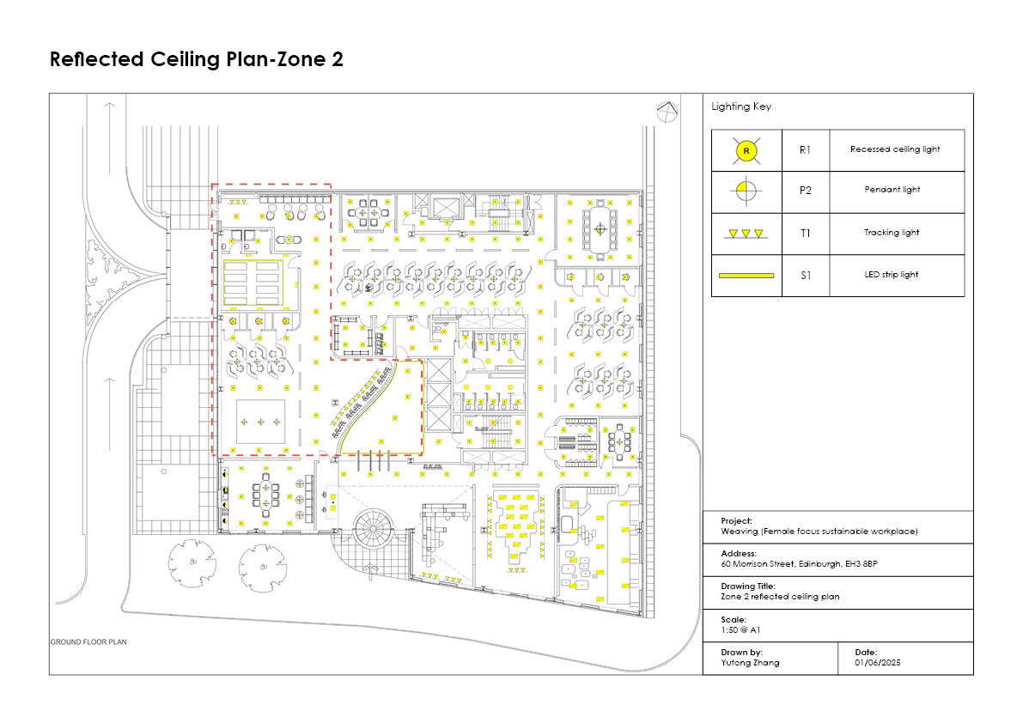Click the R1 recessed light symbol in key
[x=746, y=150]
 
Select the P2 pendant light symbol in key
[x=746, y=191]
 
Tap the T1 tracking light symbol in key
[x=746, y=234]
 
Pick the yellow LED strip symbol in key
[x=746, y=276]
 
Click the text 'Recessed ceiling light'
[x=895, y=149]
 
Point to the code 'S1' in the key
[x=806, y=276]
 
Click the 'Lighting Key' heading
[x=741, y=106]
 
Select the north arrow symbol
[x=667, y=112]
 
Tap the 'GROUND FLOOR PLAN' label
[x=88, y=642]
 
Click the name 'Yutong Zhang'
[x=751, y=663]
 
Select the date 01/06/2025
[x=878, y=663]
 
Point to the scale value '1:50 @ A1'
[x=740, y=630]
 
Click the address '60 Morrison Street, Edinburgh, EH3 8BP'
[x=799, y=564]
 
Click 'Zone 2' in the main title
[x=310, y=59]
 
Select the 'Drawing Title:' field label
[x=748, y=586]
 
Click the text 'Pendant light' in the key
[x=892, y=190]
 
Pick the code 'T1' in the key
[x=805, y=234]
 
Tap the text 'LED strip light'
[x=892, y=275]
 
